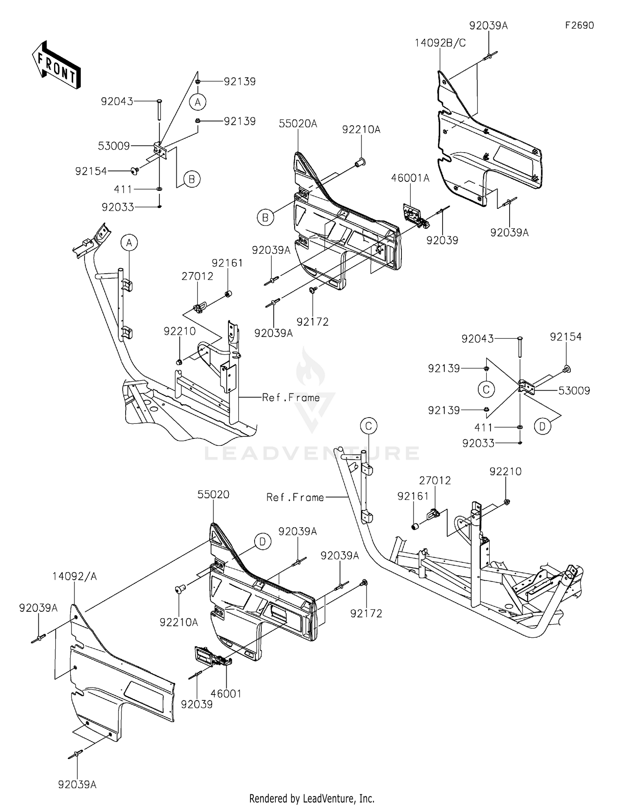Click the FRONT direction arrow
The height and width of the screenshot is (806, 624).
pos(56,65)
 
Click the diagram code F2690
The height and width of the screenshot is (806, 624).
pos(579,25)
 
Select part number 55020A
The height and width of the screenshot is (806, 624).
pos(298,124)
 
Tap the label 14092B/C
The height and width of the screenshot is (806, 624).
pos(440,43)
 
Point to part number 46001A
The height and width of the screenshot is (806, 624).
pos(410,178)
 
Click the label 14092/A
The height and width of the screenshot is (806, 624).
pos(74,576)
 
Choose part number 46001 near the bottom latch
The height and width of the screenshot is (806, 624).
pos(226,694)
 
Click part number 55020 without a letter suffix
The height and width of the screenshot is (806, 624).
pos(213,494)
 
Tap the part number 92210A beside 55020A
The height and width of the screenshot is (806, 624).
pos(361,130)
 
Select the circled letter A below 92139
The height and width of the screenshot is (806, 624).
pos(198,102)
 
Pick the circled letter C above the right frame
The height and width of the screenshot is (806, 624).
pos(486,390)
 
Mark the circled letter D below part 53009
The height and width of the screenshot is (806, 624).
pos(542,427)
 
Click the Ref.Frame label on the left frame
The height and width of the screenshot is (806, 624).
pos(291,398)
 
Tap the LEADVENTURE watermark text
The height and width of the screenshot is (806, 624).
pos(312,453)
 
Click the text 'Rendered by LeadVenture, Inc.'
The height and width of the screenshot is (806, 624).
pos(312,798)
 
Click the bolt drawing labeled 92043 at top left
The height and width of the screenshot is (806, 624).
pos(159,110)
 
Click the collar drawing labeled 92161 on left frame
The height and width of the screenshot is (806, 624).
pos(228,294)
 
